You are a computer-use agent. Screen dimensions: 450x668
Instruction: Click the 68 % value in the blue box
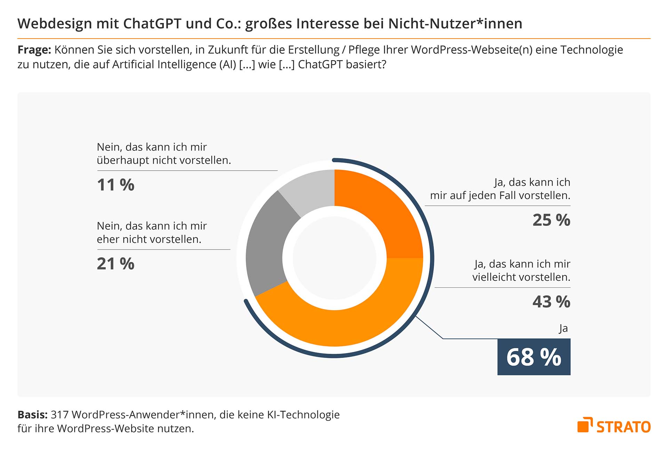[x=534, y=357]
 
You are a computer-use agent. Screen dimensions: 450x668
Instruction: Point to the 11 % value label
[x=116, y=185]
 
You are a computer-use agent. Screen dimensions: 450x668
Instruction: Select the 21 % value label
[x=116, y=264]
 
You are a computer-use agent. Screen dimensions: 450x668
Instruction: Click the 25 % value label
[x=551, y=220]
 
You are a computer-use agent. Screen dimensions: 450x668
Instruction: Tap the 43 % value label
[x=551, y=302]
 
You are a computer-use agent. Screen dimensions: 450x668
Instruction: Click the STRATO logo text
[x=623, y=427]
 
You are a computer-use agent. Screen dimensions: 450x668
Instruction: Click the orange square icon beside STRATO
[x=584, y=425]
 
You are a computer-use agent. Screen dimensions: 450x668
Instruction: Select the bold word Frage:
[x=34, y=50]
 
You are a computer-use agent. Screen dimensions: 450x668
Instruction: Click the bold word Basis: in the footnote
[x=32, y=415]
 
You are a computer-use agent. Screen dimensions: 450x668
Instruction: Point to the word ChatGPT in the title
[x=152, y=24]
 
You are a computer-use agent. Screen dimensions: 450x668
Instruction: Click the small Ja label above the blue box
[x=563, y=328]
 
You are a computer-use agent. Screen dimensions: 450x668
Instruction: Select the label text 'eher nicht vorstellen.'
[x=149, y=239]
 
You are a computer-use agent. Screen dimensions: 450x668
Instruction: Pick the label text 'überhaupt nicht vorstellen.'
[x=164, y=161]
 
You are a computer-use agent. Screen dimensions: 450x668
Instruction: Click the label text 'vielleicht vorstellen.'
[x=521, y=277]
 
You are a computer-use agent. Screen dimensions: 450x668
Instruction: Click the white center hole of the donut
[x=334, y=258]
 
